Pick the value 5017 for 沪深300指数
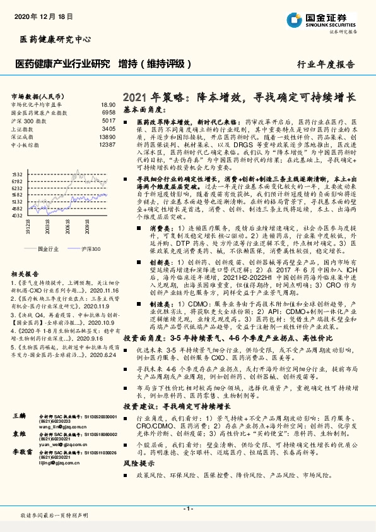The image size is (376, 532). pyautogui.click(x=108, y=119)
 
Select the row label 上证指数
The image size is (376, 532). pyautogui.click(x=23, y=128)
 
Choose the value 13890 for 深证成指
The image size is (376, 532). pyautogui.click(x=107, y=136)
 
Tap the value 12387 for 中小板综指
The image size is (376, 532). pyautogui.click(x=107, y=144)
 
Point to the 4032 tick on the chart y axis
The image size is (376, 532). pyautogui.click(x=17, y=215)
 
